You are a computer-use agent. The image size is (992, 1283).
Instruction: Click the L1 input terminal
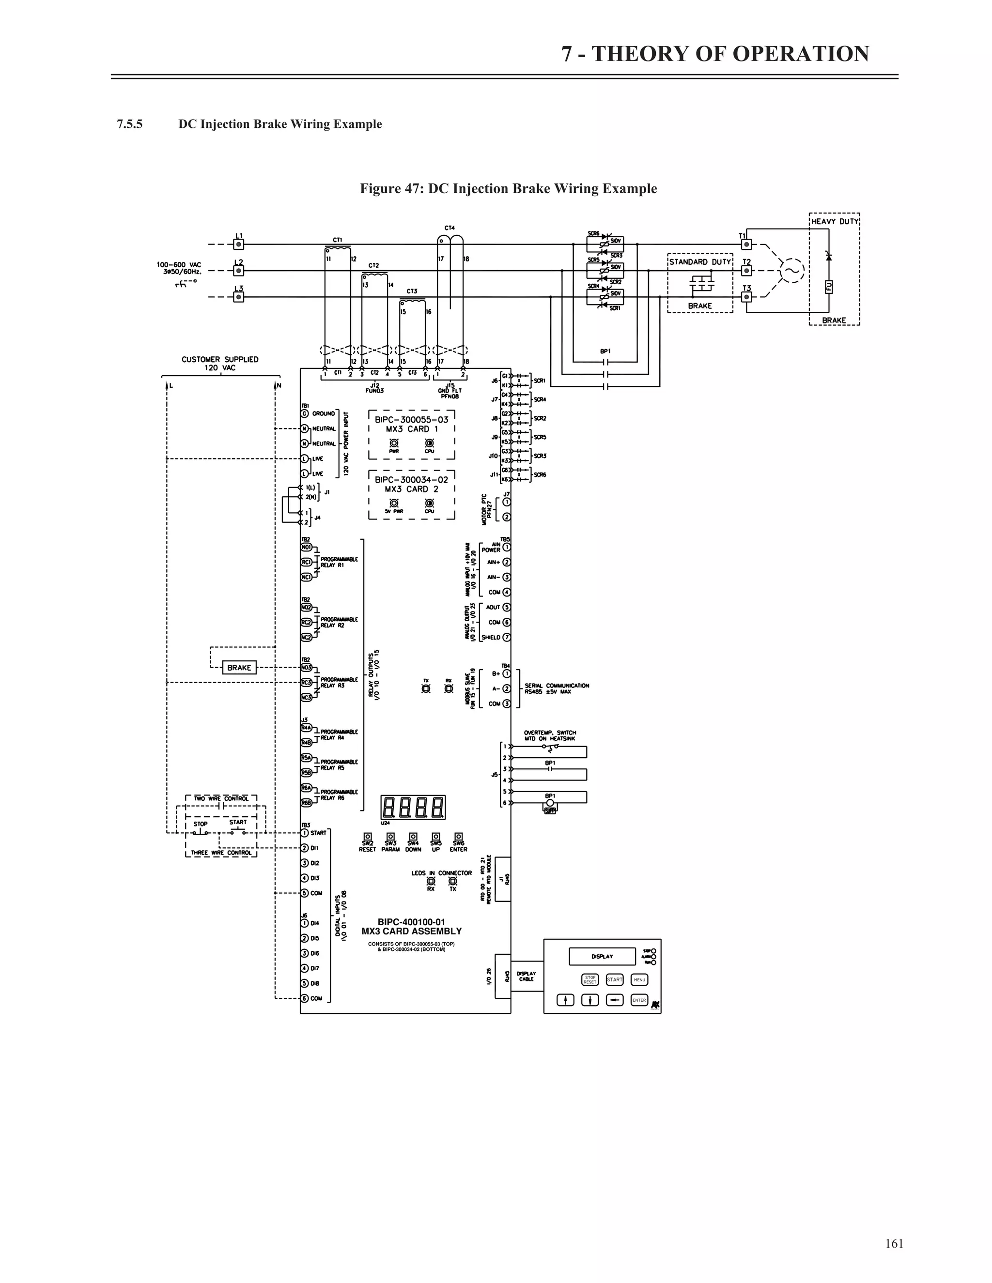(239, 244)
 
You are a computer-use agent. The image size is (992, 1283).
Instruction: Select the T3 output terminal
(746, 297)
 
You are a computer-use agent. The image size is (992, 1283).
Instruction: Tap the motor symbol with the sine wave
(791, 271)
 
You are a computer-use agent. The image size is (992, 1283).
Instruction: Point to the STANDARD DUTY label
(700, 262)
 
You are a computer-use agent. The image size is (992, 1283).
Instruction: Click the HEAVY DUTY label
(835, 221)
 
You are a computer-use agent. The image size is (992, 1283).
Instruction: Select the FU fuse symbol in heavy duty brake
(829, 287)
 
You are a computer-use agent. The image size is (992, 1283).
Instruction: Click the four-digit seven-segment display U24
(413, 807)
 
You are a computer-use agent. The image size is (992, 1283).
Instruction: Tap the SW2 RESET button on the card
(367, 837)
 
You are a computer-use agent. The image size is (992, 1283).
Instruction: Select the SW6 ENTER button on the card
(458, 837)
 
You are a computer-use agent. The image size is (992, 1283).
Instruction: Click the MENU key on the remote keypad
(639, 979)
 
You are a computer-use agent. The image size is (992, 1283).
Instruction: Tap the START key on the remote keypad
(615, 979)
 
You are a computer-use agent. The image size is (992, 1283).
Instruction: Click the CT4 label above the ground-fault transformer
(449, 228)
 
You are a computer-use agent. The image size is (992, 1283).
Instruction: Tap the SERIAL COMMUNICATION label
(557, 686)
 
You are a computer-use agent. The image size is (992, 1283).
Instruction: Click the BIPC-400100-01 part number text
(411, 922)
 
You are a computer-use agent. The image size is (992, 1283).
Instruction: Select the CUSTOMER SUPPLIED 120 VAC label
(220, 363)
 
